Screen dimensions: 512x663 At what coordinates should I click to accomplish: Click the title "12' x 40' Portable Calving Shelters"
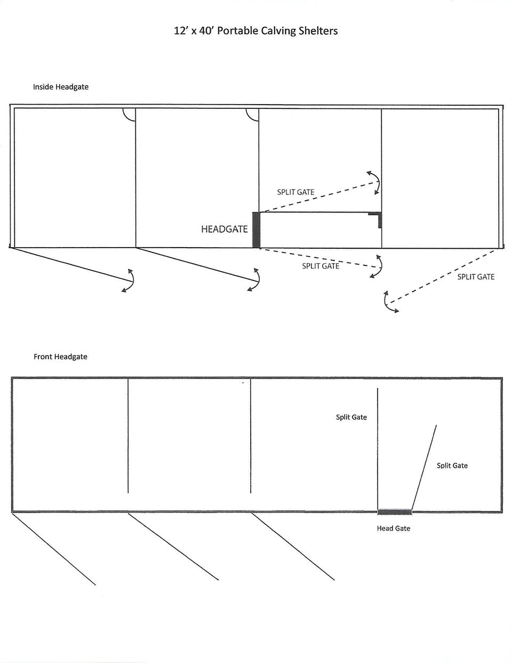[x=255, y=31]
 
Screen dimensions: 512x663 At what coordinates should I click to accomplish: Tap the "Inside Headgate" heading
[x=61, y=87]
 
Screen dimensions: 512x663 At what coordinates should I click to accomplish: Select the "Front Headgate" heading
[x=60, y=357]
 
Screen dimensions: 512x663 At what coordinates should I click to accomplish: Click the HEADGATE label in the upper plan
[x=225, y=229]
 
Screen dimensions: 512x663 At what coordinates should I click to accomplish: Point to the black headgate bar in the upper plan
[x=257, y=230]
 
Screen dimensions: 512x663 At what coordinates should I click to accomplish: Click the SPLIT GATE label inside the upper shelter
[x=295, y=192]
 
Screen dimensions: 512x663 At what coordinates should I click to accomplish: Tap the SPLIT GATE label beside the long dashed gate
[x=476, y=277]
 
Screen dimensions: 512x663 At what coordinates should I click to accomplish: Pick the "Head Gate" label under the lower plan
[x=394, y=528]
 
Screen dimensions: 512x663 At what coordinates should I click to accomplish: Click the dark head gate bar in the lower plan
[x=395, y=512]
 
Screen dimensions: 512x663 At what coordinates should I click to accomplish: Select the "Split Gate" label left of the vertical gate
[x=351, y=417]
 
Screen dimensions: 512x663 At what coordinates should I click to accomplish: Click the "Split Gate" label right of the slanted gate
[x=452, y=465]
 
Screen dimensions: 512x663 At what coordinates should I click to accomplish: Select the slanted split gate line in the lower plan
[x=424, y=468]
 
